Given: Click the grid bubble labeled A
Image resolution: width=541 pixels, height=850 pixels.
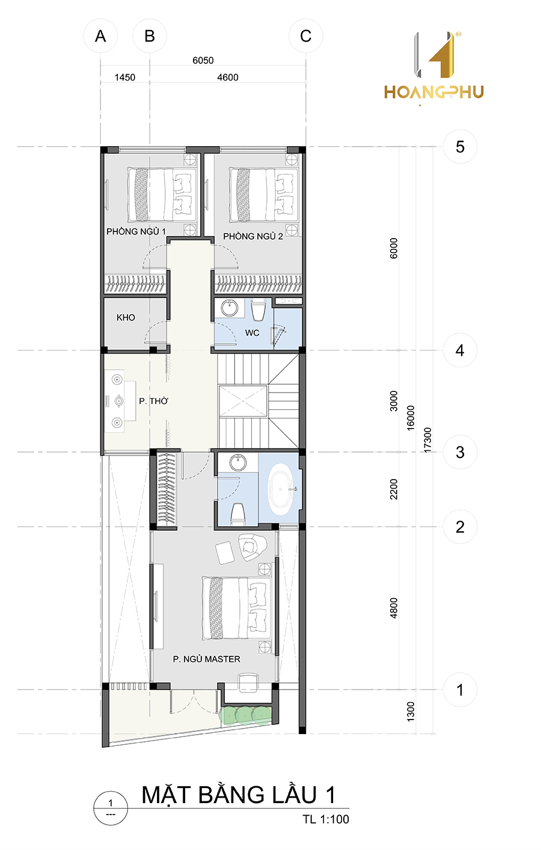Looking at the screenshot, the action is coord(100,36).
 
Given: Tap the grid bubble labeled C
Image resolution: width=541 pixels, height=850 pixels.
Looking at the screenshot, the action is coord(306,36).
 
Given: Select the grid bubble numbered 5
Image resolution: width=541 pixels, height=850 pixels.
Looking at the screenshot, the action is coord(460,147).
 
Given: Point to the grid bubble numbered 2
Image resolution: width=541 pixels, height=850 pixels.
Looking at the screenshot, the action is coord(460,527).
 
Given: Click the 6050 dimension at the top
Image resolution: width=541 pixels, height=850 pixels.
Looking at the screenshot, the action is coord(203,60).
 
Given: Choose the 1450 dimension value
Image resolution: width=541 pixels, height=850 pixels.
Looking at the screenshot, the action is coord(125,78).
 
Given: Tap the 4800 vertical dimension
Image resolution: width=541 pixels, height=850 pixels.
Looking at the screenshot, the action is coord(394,608).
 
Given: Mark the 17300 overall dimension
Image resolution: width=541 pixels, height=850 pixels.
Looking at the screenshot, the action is coord(427,440).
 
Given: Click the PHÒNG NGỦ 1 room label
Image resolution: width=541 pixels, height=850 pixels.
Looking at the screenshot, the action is coord(136,231).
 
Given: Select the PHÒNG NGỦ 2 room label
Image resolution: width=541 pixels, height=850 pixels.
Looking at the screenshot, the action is coord(253,236).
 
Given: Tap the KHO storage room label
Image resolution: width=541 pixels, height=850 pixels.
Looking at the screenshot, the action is coord(126,317).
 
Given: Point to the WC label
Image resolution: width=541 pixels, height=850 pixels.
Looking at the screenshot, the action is coord(252,333).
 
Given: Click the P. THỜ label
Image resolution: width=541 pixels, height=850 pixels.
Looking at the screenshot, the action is coord(154,401).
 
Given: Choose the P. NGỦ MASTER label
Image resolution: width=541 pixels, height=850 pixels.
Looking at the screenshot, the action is coord(207,659).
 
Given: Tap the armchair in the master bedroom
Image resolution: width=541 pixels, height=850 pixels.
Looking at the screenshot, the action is coord(252,547).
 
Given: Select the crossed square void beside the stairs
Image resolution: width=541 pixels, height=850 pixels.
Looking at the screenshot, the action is coord(243,401).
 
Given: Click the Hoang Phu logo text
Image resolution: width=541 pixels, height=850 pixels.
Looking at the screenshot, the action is coord(434,92).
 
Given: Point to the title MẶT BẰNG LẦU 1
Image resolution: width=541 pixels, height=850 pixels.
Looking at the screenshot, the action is coord(239,795).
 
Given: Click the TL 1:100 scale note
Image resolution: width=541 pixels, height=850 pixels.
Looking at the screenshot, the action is coord(326,819).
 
